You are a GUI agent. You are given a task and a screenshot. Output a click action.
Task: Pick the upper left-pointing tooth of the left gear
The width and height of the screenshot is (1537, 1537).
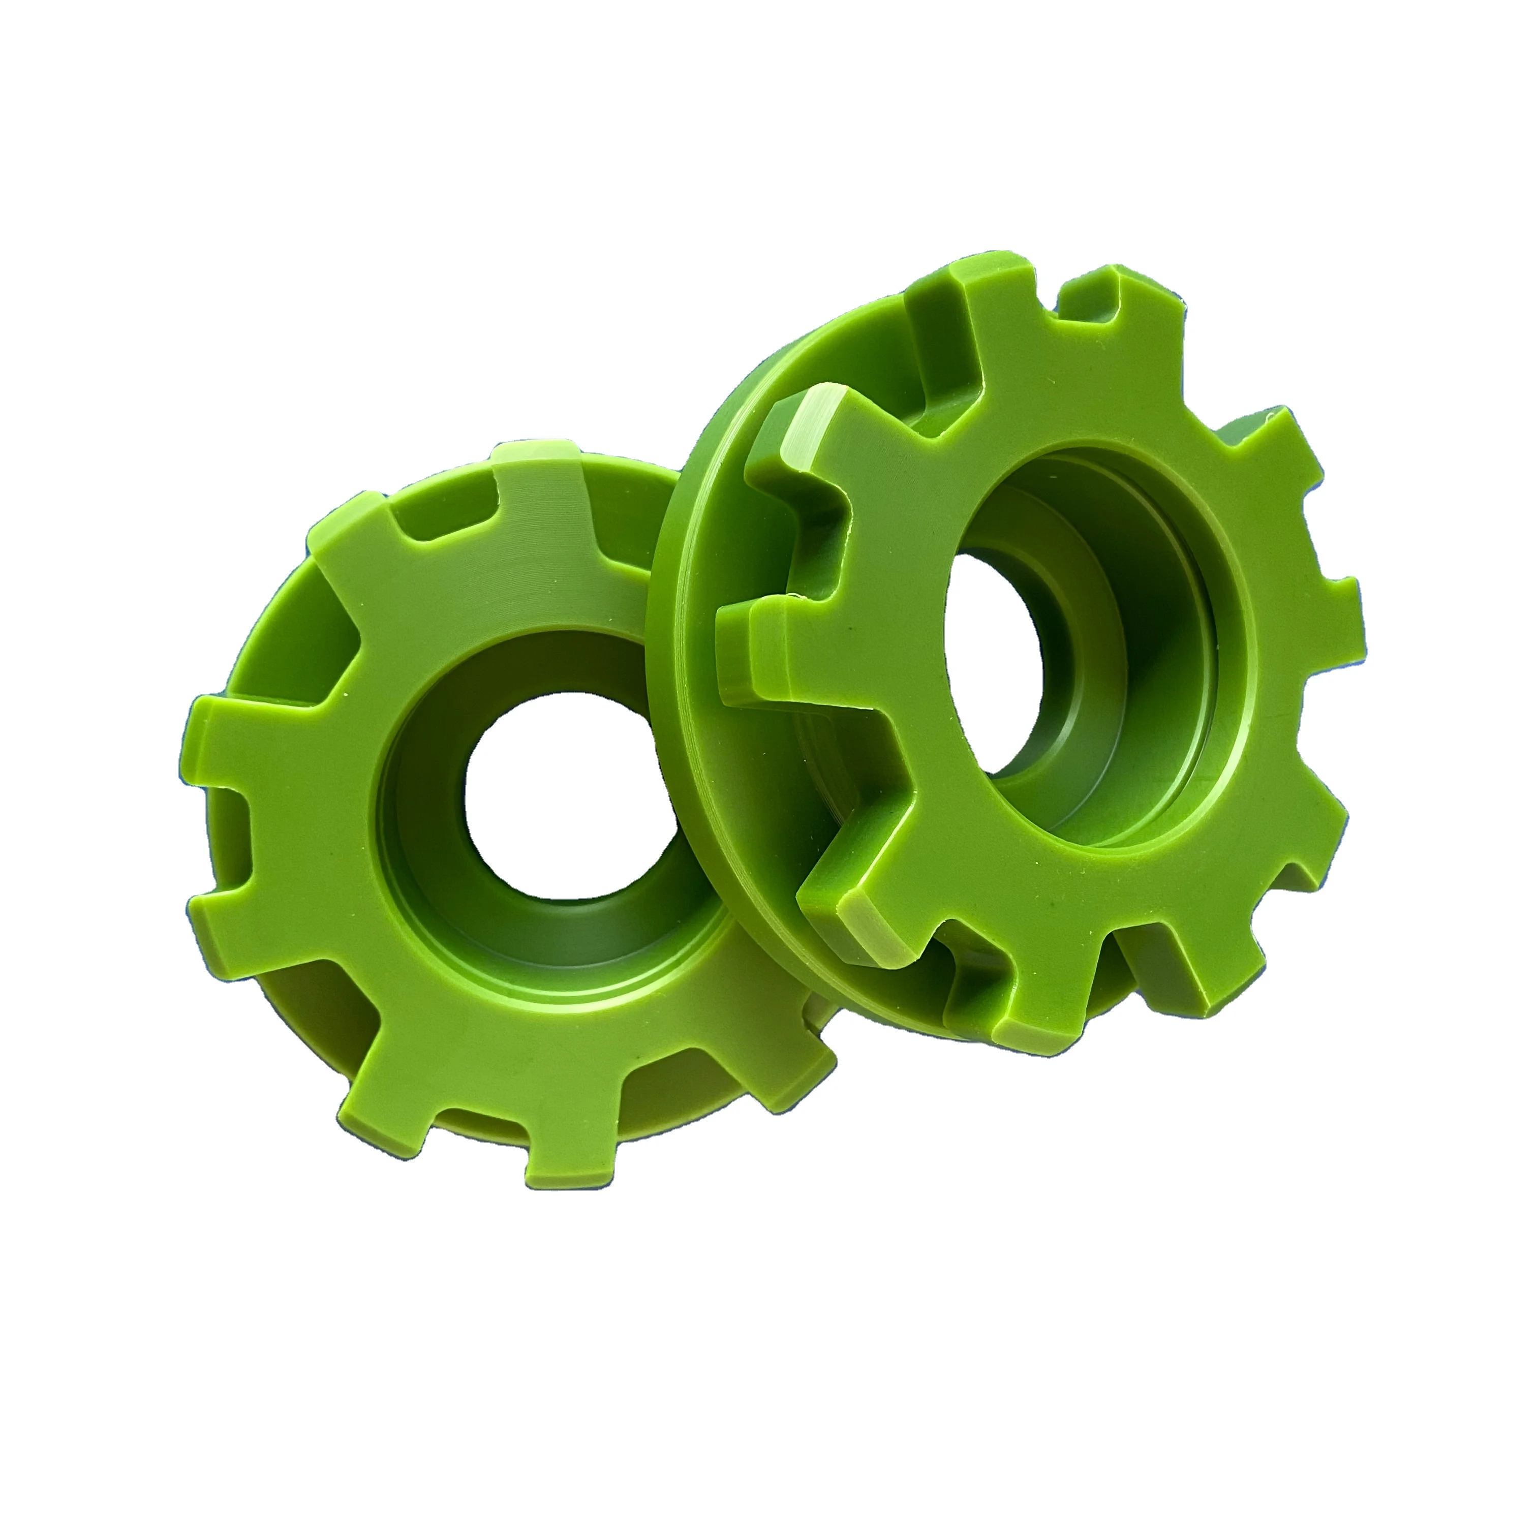click(231, 732)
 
